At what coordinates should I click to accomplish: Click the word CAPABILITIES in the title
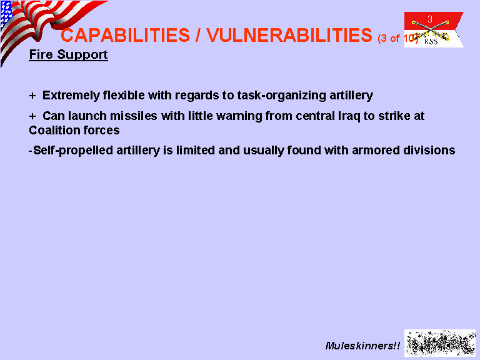coord(125,35)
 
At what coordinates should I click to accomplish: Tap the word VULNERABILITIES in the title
coord(289,35)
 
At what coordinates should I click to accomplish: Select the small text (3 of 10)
coord(397,38)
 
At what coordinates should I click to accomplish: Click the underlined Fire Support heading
coord(68,55)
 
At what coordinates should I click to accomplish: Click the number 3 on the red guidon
coord(430,19)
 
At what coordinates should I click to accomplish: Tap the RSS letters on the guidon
coord(431,41)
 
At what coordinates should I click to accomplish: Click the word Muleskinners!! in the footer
coord(362,346)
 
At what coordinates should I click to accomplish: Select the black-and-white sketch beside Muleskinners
coord(440,343)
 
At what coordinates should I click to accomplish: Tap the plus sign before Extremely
coord(32,96)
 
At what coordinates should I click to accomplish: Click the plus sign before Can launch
coord(32,116)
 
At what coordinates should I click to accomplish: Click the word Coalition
coord(54,131)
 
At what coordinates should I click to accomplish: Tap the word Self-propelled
coord(73,151)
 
